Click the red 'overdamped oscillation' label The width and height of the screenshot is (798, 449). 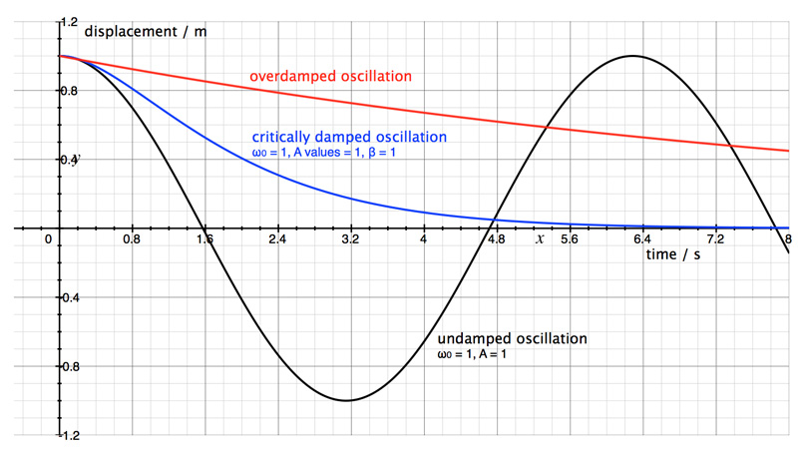tap(330, 76)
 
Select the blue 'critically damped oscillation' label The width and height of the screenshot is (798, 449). tap(349, 137)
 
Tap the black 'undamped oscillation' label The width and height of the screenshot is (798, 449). tap(512, 338)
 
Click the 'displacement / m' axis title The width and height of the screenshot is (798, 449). tap(146, 31)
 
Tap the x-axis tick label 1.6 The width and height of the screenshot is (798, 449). tap(204, 240)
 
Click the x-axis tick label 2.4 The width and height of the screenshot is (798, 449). tap(277, 240)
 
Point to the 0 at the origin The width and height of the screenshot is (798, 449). tap(48, 240)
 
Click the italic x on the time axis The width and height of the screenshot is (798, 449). tap(540, 239)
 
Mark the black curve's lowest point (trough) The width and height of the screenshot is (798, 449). tap(346, 400)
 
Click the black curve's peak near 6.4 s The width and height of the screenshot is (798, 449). tap(631, 56)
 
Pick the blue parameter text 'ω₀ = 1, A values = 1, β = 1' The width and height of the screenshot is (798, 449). tap(332, 153)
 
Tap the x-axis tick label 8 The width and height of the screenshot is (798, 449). tap(788, 240)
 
